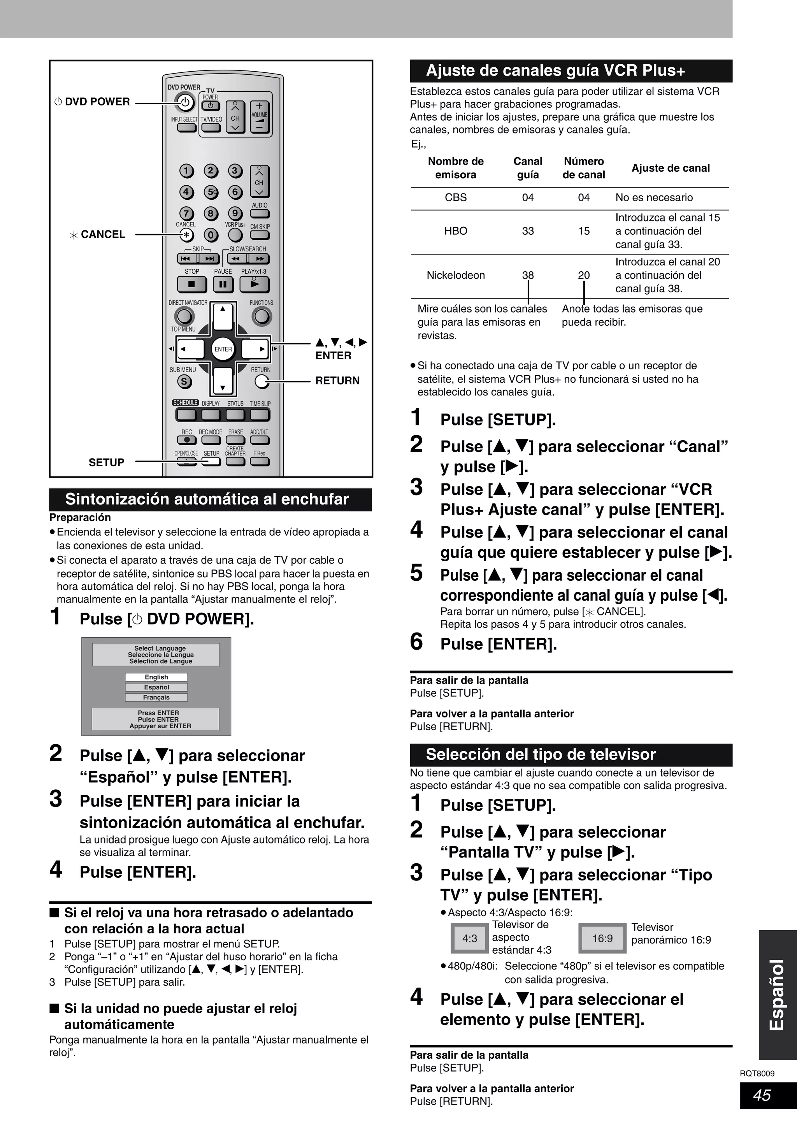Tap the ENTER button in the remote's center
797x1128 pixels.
point(223,349)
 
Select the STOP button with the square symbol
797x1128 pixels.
point(191,284)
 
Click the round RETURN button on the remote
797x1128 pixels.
point(262,381)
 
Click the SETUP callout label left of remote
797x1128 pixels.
point(106,462)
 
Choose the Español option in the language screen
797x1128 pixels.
point(156,687)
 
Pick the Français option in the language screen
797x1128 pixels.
point(156,698)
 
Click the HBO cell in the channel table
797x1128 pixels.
point(455,231)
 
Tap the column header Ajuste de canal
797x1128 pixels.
point(670,169)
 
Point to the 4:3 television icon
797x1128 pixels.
point(469,938)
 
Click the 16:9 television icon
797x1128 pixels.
point(602,938)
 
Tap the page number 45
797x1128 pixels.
point(762,1095)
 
